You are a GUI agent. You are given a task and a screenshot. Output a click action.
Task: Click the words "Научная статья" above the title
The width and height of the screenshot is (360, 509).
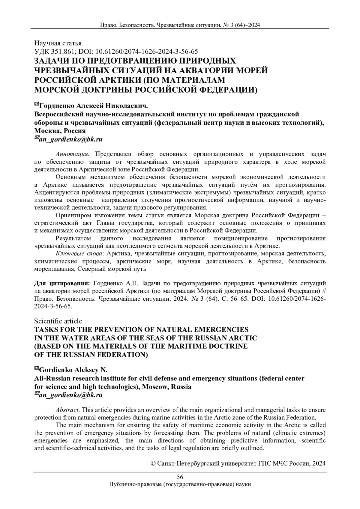(58, 43)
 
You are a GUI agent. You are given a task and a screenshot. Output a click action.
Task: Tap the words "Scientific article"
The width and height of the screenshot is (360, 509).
(58, 321)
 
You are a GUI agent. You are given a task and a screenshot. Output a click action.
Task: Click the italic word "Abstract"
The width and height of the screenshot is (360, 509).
(67, 410)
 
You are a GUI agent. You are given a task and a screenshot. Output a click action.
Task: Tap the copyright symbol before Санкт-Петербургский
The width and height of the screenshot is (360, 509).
(152, 463)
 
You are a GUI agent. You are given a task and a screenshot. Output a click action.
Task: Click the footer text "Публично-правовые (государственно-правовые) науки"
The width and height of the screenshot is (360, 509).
(180, 484)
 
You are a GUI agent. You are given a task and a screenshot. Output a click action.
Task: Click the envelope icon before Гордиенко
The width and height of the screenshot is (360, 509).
(37, 104)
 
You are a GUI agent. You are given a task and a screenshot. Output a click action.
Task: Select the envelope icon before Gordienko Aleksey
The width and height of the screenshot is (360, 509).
(37, 368)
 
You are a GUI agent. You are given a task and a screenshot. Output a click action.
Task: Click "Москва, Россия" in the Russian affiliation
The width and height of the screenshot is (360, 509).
(60, 131)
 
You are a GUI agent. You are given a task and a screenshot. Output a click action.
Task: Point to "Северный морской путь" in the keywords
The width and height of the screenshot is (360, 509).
(112, 269)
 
